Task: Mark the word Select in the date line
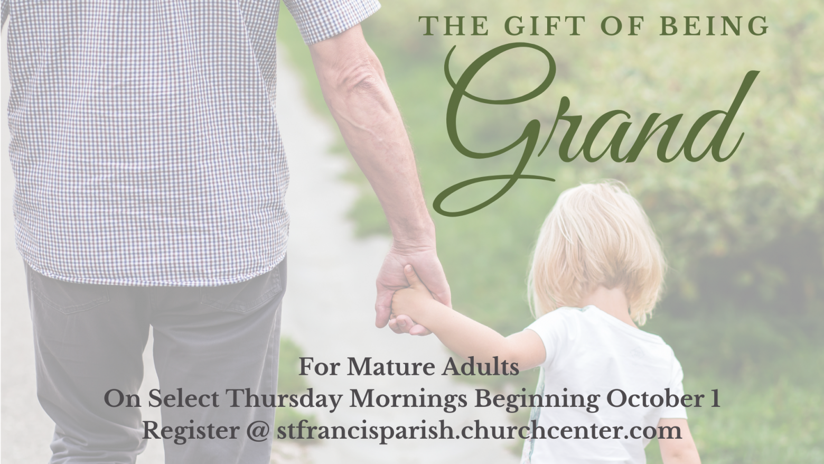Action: point(184,399)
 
